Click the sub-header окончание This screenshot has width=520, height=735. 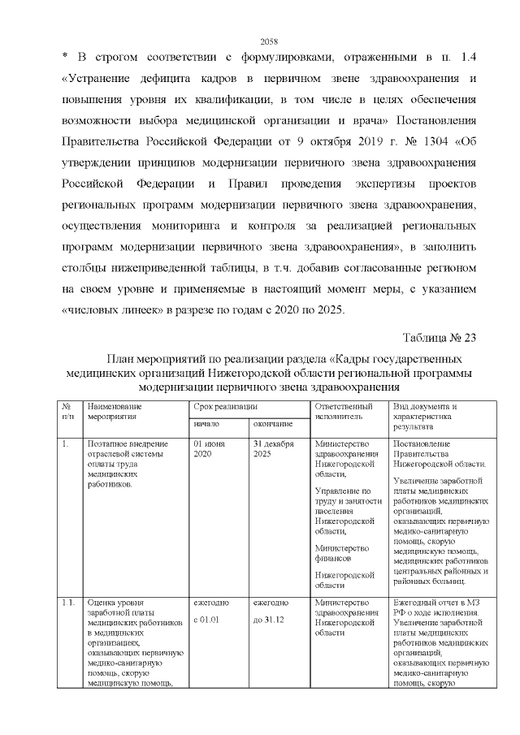[272, 424]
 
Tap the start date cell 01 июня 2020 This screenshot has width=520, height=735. [203, 449]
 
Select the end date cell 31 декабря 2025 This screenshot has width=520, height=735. [272, 449]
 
